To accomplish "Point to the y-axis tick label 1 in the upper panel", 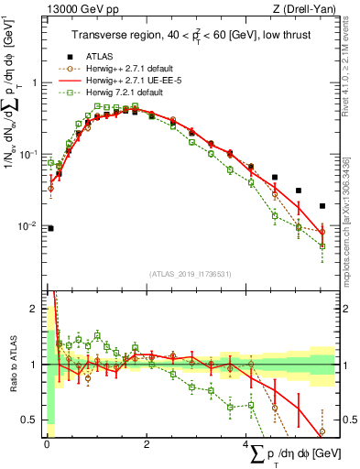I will click(x=34, y=82).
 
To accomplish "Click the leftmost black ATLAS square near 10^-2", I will click(x=50, y=228).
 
